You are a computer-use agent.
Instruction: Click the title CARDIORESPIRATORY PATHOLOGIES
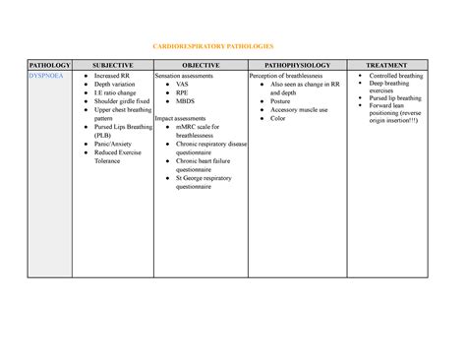click(233, 46)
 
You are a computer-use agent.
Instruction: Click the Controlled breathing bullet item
click(397, 76)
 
